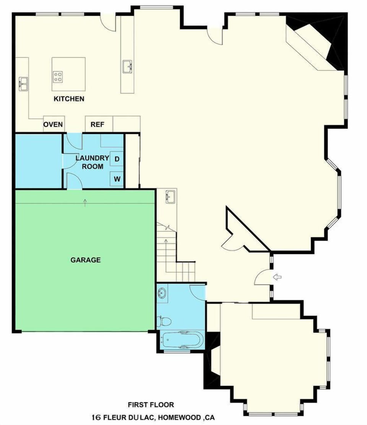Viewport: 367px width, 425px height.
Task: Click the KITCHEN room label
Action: [69, 99]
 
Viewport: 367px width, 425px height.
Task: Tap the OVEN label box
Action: [54, 125]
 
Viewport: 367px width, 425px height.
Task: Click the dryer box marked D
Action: [117, 159]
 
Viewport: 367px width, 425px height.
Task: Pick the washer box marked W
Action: [117, 179]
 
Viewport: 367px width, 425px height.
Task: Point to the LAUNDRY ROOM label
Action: [90, 162]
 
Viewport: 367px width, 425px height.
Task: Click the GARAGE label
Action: [86, 260]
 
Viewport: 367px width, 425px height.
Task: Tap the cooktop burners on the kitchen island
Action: [58, 77]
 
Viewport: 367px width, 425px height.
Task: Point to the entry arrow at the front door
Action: [277, 277]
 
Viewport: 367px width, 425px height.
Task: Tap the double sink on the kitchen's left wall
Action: [23, 84]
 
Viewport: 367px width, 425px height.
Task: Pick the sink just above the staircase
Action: [171, 197]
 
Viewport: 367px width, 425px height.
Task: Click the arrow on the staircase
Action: [166, 242]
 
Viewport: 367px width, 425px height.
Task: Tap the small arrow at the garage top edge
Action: [85, 202]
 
